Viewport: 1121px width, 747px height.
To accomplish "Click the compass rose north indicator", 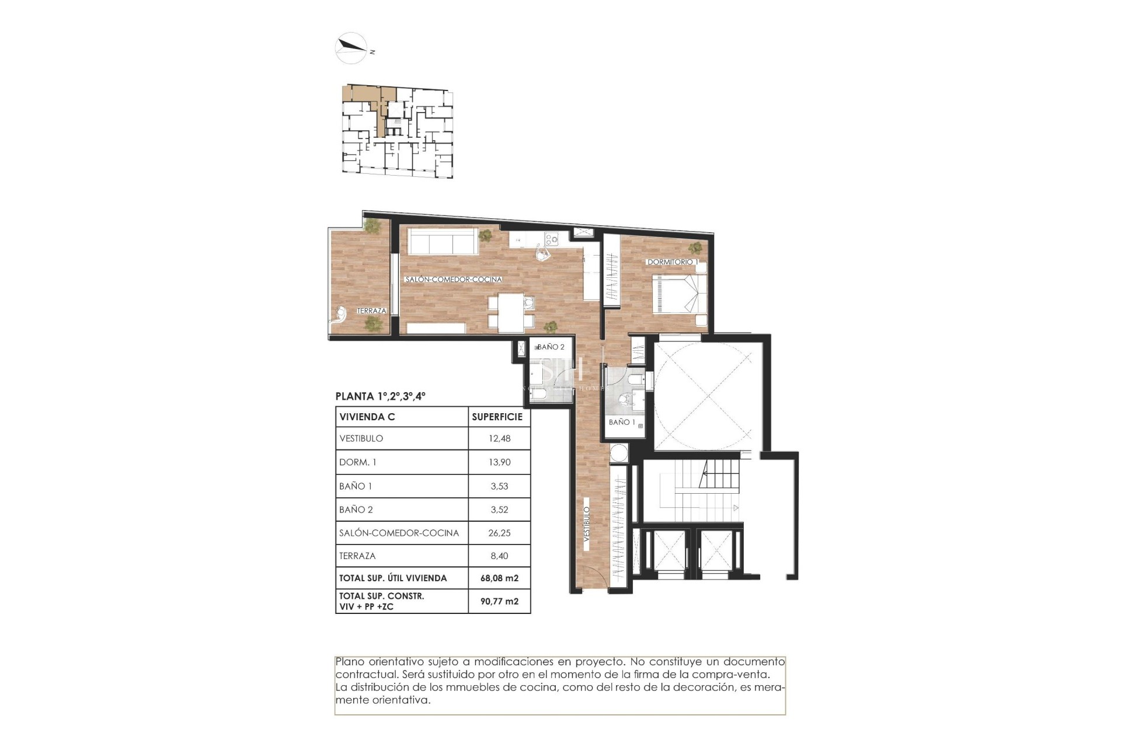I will pyautogui.click(x=351, y=47).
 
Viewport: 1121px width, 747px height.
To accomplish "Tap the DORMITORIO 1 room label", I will pyautogui.click(x=671, y=262).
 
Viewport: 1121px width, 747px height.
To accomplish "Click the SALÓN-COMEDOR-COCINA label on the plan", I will pyautogui.click(x=453, y=280).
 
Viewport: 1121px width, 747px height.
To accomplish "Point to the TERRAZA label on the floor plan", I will pyautogui.click(x=371, y=310).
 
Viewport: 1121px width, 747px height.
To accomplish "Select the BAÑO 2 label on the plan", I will pyautogui.click(x=551, y=347).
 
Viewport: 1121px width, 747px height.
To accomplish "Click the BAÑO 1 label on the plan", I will pyautogui.click(x=622, y=422).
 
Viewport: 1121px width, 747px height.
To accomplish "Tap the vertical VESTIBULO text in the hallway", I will pyautogui.click(x=587, y=525).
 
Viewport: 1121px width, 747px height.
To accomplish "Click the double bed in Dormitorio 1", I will pyautogui.click(x=678, y=294).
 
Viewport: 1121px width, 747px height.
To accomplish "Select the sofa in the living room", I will pyautogui.click(x=443, y=241).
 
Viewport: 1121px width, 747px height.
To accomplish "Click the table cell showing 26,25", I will pyautogui.click(x=499, y=533).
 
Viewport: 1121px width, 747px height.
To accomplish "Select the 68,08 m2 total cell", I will pyautogui.click(x=499, y=578).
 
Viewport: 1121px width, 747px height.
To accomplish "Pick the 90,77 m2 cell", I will pyautogui.click(x=499, y=601).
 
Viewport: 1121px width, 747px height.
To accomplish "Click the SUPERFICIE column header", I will pyautogui.click(x=497, y=417).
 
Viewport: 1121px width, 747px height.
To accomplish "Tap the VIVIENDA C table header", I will pyautogui.click(x=367, y=417).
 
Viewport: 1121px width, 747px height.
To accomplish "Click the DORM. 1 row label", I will pyautogui.click(x=358, y=462).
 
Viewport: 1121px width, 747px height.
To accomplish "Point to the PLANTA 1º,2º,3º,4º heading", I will pyautogui.click(x=380, y=396).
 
